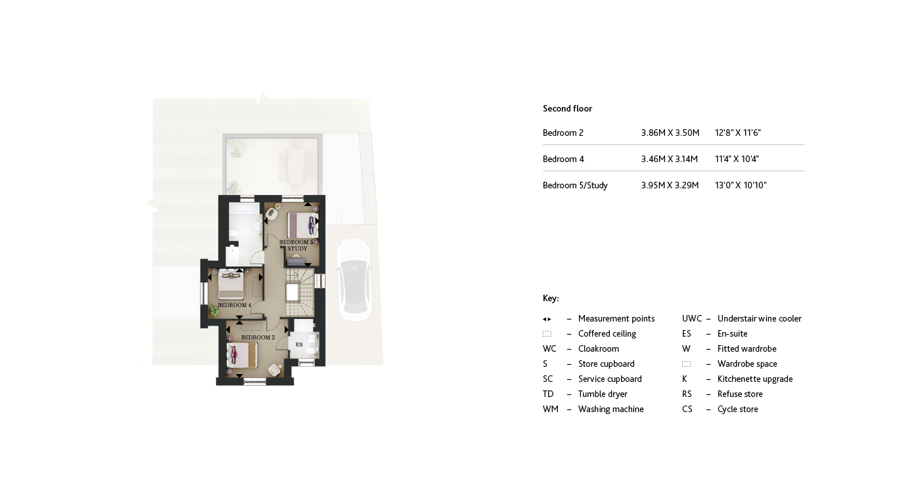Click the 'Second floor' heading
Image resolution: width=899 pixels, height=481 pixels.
[567, 109]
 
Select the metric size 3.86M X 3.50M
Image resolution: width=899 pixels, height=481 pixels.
[670, 133]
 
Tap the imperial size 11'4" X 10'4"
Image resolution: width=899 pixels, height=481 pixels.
[737, 159]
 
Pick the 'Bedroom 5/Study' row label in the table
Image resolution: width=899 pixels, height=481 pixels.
[575, 186]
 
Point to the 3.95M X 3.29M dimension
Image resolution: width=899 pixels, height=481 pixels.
[670, 186]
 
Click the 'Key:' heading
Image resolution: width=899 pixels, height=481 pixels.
[551, 299]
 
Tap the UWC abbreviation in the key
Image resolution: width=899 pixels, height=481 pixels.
[692, 319]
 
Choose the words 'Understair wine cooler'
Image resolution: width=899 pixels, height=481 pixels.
[759, 319]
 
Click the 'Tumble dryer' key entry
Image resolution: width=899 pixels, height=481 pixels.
[602, 394]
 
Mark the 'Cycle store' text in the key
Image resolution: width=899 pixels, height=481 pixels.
[737, 409]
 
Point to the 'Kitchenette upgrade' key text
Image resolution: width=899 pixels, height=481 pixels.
[754, 379]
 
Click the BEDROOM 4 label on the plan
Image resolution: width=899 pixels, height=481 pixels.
[234, 305]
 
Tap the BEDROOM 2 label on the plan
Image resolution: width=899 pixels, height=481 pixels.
[258, 337]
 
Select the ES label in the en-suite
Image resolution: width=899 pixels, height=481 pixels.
[298, 345]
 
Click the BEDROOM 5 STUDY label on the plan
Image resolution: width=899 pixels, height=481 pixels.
[296, 245]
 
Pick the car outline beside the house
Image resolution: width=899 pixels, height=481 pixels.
[353, 279]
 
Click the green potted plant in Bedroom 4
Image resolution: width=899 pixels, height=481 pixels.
[214, 311]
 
